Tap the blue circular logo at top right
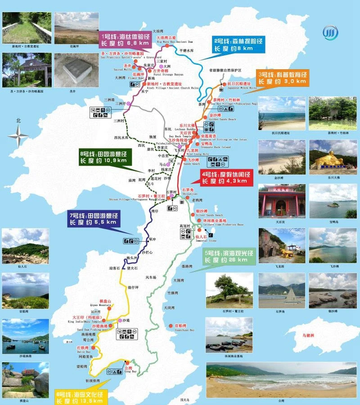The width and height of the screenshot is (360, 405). [329, 33]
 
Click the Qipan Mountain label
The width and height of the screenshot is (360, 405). [105, 303]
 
